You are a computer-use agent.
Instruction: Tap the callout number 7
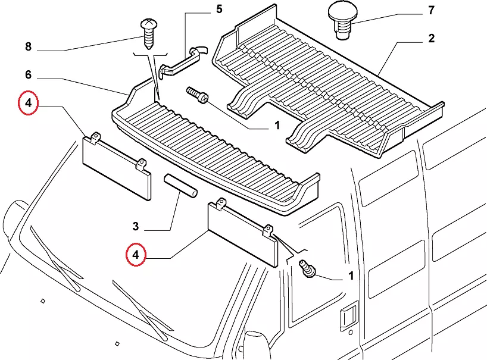click(x=431, y=10)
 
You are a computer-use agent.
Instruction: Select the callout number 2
click(x=431, y=39)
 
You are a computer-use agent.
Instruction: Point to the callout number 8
click(x=27, y=46)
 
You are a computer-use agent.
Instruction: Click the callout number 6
click(x=27, y=76)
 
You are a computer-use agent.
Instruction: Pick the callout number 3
click(x=136, y=226)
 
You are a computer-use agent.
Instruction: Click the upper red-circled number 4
click(x=27, y=104)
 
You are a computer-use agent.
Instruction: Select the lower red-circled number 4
click(x=136, y=255)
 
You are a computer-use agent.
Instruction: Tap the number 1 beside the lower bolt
click(x=350, y=276)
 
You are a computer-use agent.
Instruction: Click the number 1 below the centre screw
click(x=277, y=126)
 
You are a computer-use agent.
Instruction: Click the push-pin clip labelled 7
click(x=342, y=21)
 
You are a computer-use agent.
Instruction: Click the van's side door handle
click(x=347, y=316)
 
